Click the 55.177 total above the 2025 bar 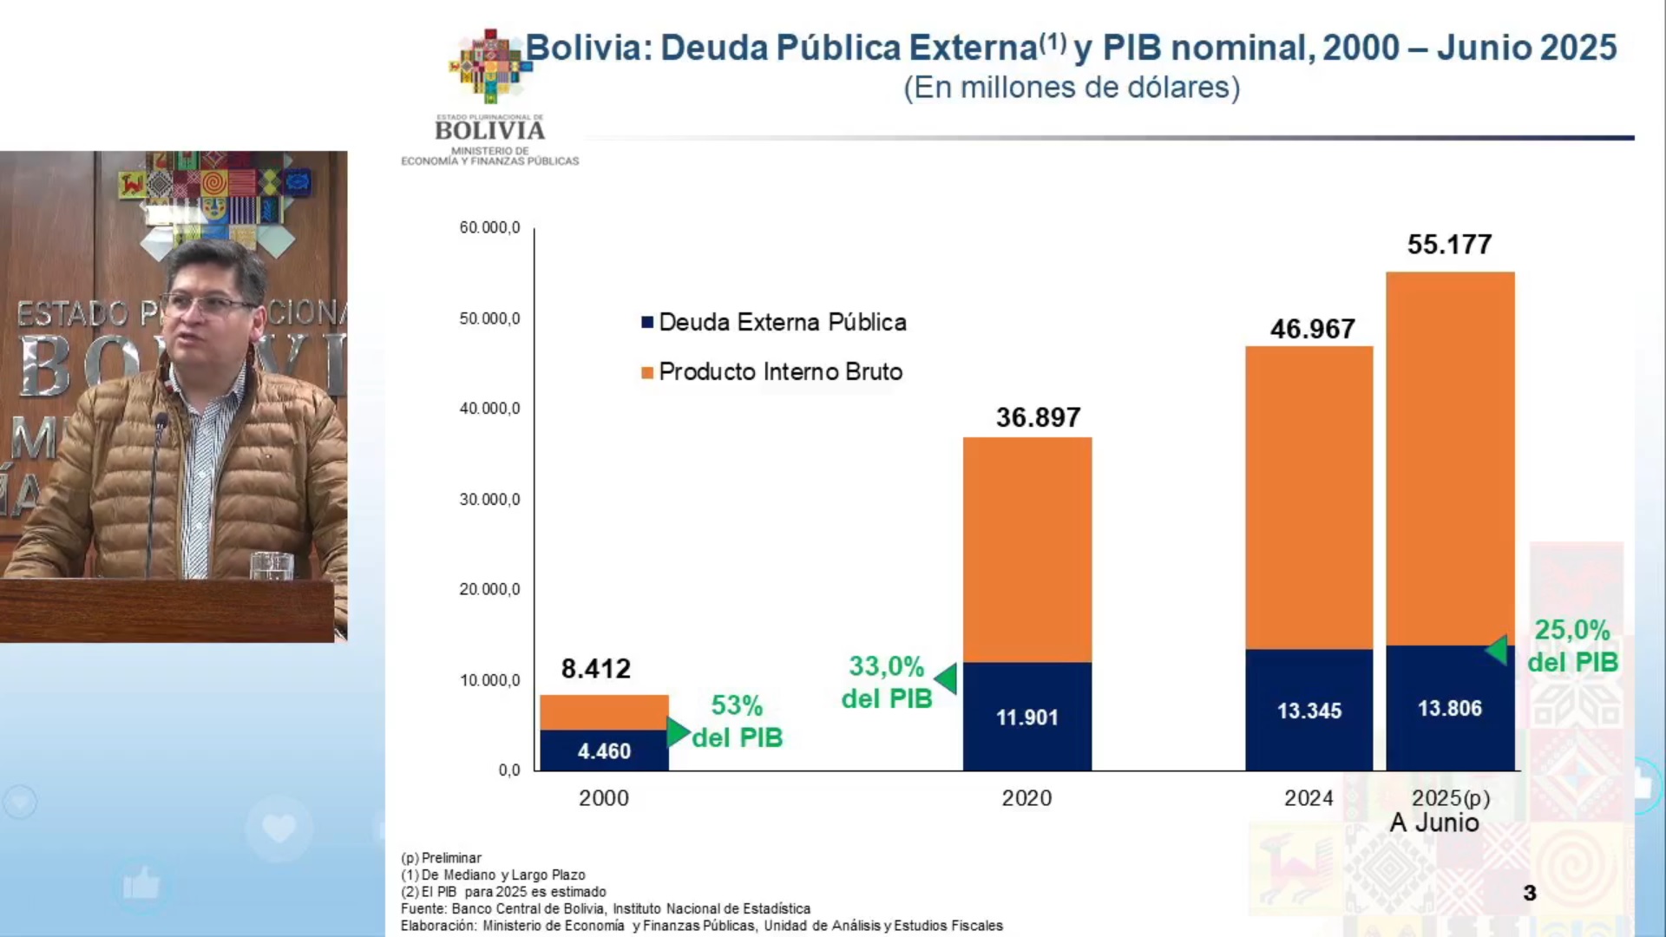click(1449, 245)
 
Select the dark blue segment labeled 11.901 click(1026, 717)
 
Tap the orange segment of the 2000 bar click(604, 711)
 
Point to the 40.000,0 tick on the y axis click(489, 409)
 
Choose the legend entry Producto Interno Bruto click(771, 372)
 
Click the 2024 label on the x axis click(1309, 798)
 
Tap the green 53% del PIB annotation click(738, 721)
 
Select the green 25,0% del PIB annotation click(1572, 645)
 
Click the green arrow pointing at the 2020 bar click(946, 678)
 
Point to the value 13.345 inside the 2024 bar click(1309, 711)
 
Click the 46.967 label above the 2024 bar click(1312, 330)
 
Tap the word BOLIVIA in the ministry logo click(490, 131)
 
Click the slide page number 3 click(1530, 893)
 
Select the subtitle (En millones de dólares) click(1072, 88)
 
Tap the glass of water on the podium click(272, 565)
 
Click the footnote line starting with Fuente click(605, 908)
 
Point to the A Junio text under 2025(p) click(1434, 822)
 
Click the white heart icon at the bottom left click(279, 829)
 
